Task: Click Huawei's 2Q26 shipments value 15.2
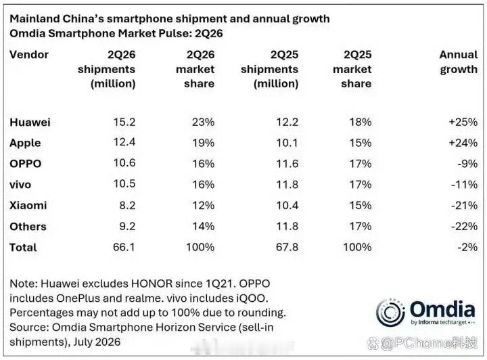tap(124, 122)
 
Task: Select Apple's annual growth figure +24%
tap(463, 143)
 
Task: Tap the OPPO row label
tap(26, 163)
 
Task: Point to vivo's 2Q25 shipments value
tap(287, 184)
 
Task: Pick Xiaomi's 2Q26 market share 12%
tap(203, 205)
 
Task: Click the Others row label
tap(28, 227)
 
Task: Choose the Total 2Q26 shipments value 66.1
tap(124, 247)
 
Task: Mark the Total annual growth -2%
tap(467, 247)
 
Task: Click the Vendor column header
tap(29, 55)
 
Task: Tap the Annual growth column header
tap(459, 62)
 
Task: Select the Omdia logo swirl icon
tap(390, 313)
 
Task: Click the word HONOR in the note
tap(152, 284)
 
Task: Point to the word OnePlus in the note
tap(78, 298)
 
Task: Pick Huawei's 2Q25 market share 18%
tap(361, 122)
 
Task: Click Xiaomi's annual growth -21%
tap(464, 205)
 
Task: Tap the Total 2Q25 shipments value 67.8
tap(287, 247)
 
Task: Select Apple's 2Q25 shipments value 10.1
tap(287, 143)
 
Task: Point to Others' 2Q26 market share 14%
tap(203, 226)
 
